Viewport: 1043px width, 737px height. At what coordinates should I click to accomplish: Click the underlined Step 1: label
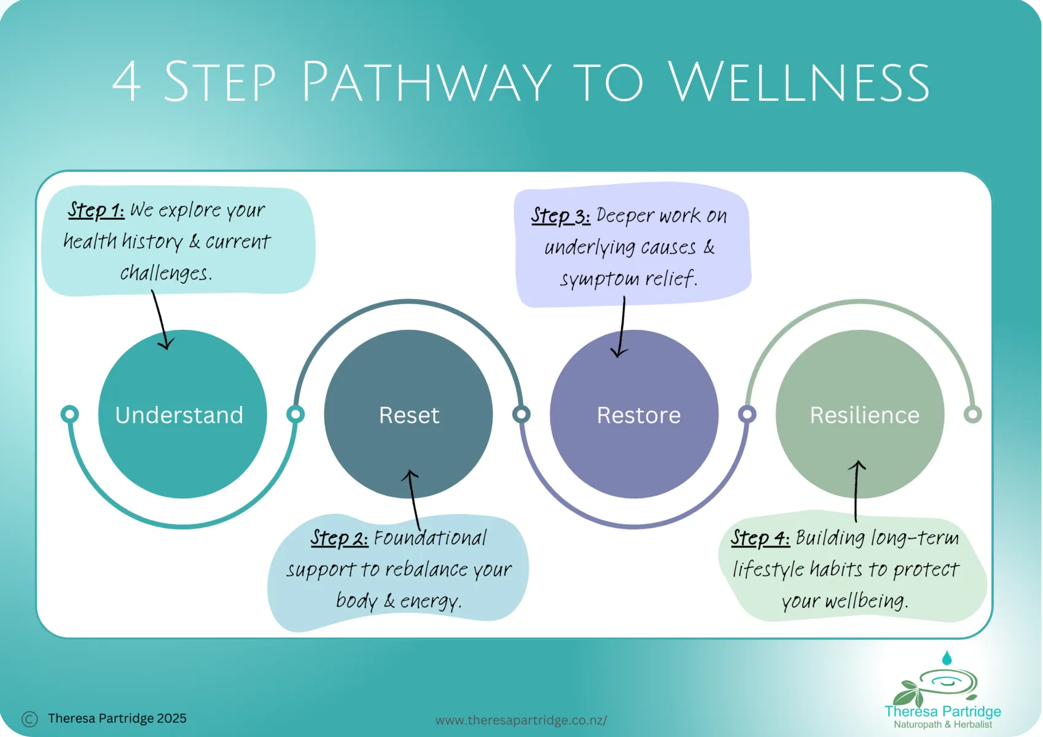(96, 210)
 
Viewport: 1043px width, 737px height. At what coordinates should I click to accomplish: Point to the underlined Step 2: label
(339, 538)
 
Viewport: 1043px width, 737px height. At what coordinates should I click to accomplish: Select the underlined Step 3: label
(560, 216)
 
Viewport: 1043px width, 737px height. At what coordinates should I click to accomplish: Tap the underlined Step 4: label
(760, 538)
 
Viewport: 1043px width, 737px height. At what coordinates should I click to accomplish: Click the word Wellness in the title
(799, 82)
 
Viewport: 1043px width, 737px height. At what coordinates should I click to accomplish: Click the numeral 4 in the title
(127, 82)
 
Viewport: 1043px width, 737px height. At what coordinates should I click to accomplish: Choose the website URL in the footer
(521, 720)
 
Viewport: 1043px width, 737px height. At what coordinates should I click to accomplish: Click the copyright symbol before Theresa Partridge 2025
(29, 719)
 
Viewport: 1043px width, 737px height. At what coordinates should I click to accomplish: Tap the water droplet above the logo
(947, 658)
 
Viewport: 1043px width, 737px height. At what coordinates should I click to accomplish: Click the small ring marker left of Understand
(70, 414)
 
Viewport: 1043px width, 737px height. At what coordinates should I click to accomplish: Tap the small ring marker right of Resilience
(972, 414)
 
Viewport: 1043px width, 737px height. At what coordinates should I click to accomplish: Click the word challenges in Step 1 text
(166, 273)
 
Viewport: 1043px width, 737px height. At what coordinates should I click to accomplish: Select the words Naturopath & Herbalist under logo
(942, 725)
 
